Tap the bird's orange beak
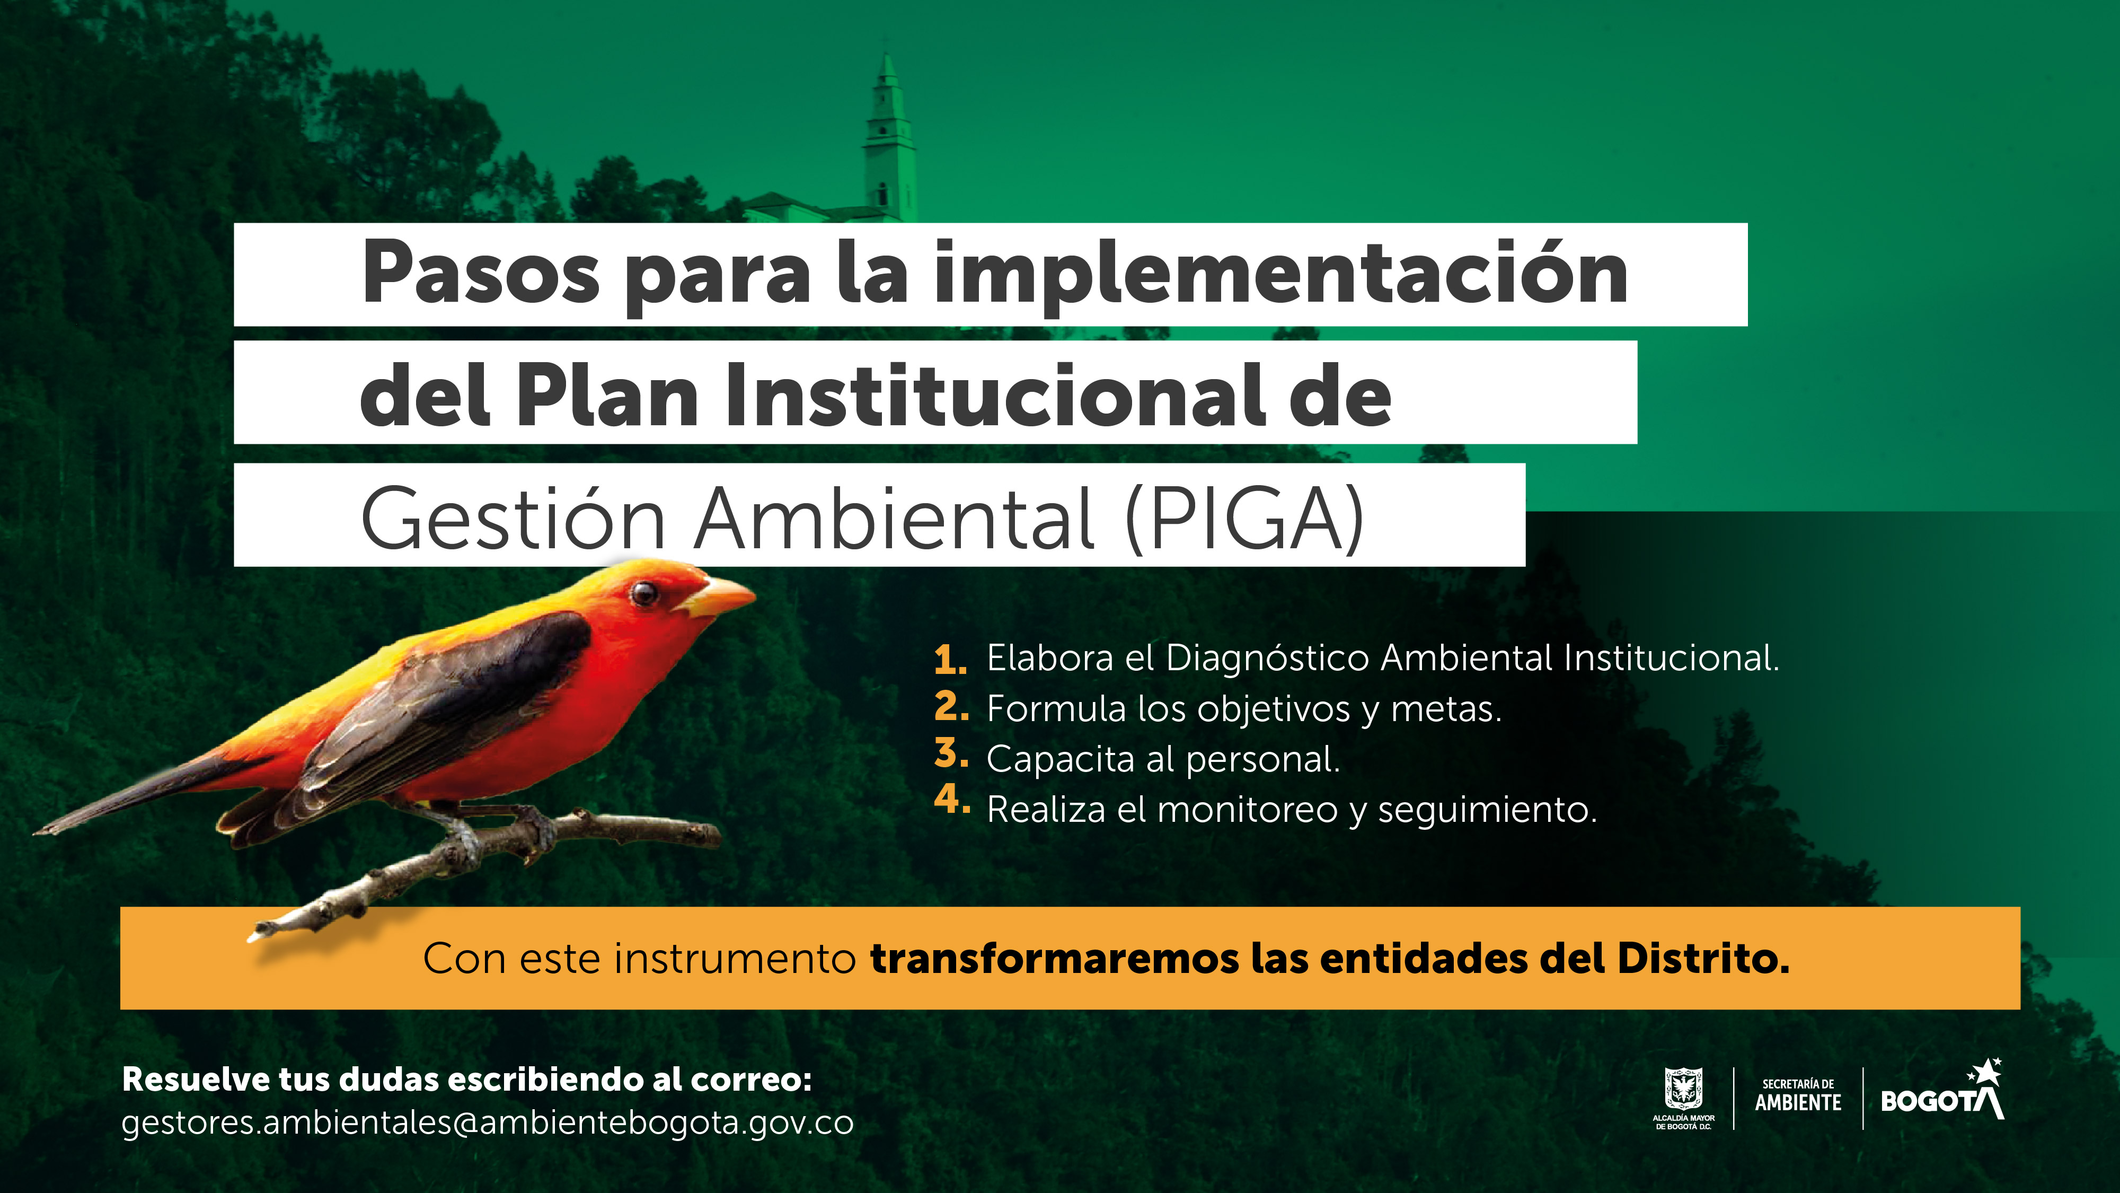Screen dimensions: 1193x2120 point(720,597)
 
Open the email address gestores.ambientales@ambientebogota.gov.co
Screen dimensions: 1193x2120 point(487,1123)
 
